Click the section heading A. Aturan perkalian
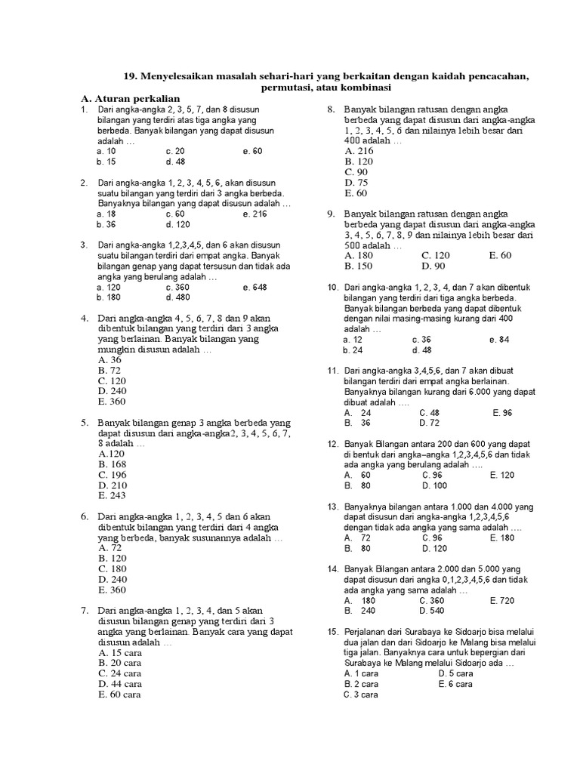pyautogui.click(x=131, y=98)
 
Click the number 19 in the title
pyautogui.click(x=129, y=76)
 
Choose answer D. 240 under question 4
pyautogui.click(x=110, y=391)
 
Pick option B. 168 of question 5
pyautogui.click(x=110, y=464)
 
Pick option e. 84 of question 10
pyautogui.click(x=499, y=340)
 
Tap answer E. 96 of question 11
pyautogui.click(x=501, y=412)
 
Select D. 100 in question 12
pyautogui.click(x=433, y=485)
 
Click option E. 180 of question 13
pyautogui.click(x=501, y=537)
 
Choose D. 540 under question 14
pyautogui.click(x=432, y=610)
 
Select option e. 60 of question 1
pyautogui.click(x=252, y=151)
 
